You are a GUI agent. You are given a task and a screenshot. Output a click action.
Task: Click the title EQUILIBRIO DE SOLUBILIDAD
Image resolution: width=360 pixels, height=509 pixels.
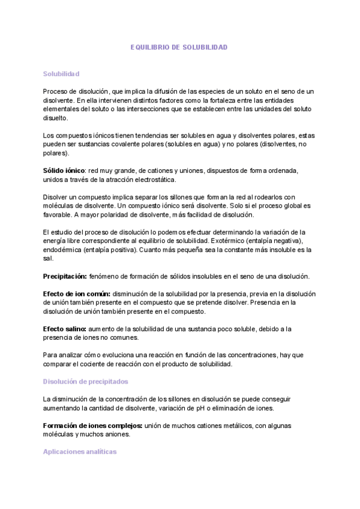[179, 47]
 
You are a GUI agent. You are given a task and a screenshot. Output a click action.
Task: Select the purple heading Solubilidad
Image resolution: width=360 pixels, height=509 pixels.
[61, 73]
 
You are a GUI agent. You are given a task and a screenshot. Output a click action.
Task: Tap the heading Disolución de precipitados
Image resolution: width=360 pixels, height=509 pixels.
[85, 381]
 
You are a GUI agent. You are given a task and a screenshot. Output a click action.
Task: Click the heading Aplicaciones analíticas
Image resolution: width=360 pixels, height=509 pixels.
[80, 451]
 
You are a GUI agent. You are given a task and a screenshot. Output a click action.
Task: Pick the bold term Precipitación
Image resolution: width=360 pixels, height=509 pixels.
[65, 276]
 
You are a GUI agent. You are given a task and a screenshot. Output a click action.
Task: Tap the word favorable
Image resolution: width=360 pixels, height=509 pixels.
[58, 214]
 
